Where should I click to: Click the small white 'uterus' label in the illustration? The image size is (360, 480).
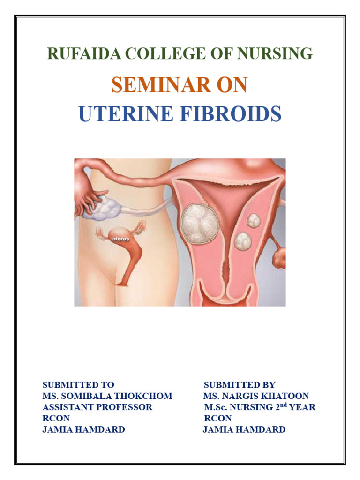click(x=120, y=239)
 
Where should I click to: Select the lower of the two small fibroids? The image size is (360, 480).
click(x=243, y=241)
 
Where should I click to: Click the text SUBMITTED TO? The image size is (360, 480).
click(x=78, y=385)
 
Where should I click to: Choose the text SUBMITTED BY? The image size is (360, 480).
click(x=240, y=385)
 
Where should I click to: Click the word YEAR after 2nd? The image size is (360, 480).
click(x=302, y=407)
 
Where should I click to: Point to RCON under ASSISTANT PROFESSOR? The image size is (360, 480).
click(x=56, y=418)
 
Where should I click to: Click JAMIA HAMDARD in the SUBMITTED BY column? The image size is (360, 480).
click(x=244, y=429)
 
